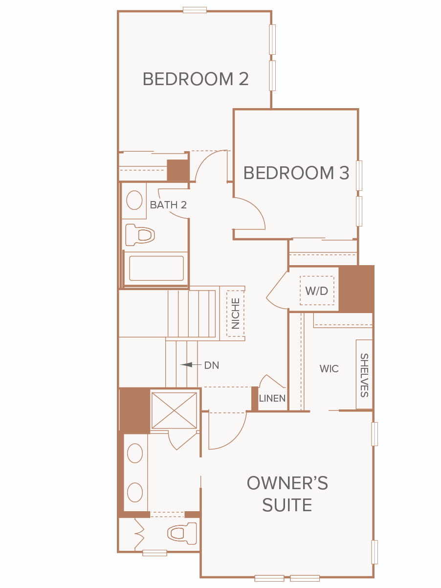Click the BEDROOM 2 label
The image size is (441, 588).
[196, 79]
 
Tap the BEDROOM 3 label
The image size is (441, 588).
[296, 173]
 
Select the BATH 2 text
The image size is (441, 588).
[168, 205]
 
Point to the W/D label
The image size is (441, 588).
[316, 291]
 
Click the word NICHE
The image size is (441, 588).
[235, 314]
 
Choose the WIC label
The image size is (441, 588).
[329, 369]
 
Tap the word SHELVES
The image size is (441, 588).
[364, 375]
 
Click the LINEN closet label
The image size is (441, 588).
[272, 399]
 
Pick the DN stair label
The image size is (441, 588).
[212, 365]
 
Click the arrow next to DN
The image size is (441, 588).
[191, 364]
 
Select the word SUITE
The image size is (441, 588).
[287, 505]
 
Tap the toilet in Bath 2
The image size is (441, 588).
[140, 235]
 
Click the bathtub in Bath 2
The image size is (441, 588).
[156, 269]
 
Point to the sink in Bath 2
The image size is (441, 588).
[134, 200]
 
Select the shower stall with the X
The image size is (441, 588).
[174, 410]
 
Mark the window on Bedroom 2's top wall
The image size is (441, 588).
[195, 10]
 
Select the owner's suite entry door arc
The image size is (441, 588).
[235, 440]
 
